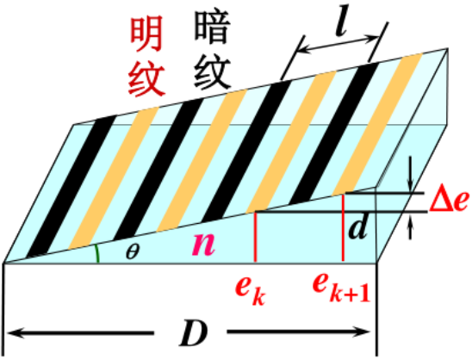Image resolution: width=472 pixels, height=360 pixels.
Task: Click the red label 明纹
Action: (x=146, y=56)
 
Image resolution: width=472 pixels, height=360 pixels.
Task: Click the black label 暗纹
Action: (x=213, y=50)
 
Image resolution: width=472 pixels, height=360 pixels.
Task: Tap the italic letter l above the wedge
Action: (x=342, y=21)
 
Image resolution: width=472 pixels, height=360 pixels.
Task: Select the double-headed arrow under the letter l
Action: (x=338, y=45)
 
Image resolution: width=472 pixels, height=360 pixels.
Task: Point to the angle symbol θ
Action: (x=133, y=251)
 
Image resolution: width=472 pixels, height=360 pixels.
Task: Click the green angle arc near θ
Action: (x=97, y=253)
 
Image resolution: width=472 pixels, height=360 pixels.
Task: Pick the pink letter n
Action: (x=204, y=243)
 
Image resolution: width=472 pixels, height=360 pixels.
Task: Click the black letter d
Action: (x=358, y=227)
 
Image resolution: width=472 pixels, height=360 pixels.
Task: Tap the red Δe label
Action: (x=449, y=201)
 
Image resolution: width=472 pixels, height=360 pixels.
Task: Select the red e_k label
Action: (x=250, y=289)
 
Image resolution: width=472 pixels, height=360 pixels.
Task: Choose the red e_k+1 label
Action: (x=341, y=287)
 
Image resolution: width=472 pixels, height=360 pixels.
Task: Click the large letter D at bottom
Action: (x=193, y=334)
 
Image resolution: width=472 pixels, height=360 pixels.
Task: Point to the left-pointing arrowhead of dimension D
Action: (x=15, y=333)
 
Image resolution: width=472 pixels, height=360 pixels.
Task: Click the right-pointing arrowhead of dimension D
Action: (x=361, y=332)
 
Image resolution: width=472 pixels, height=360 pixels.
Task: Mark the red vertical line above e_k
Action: (x=255, y=237)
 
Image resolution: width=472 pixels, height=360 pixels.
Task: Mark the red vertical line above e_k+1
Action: (x=343, y=227)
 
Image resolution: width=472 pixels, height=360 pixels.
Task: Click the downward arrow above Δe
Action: (x=409, y=174)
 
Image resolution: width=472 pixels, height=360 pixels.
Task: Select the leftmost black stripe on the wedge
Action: (x=71, y=186)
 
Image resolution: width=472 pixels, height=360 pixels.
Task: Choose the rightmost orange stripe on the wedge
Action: (x=377, y=124)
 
